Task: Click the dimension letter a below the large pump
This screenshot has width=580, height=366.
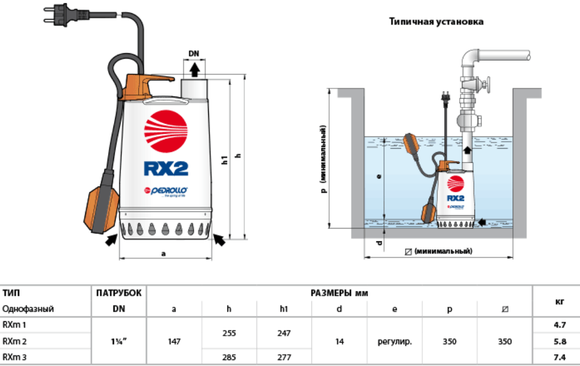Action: (x=164, y=254)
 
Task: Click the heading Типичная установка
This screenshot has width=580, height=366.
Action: (x=436, y=22)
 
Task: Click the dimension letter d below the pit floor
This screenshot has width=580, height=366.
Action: (x=378, y=243)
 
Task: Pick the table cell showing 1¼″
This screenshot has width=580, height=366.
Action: (x=119, y=341)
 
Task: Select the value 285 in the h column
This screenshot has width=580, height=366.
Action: (x=229, y=356)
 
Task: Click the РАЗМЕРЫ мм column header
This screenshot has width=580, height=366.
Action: (x=339, y=293)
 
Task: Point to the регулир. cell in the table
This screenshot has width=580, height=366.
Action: (x=394, y=341)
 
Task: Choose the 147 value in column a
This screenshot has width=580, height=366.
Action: (x=174, y=341)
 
